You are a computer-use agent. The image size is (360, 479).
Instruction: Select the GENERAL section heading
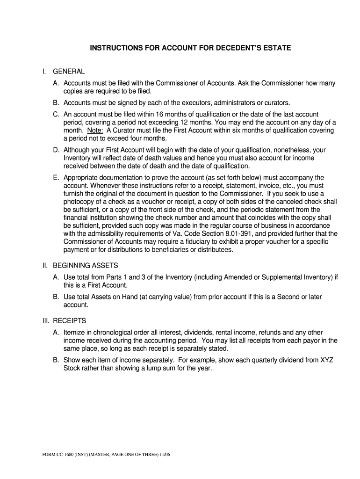coord(69,72)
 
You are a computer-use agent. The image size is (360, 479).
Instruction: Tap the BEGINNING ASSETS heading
coord(85,266)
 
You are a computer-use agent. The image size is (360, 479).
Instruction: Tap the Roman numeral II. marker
coord(45,266)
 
